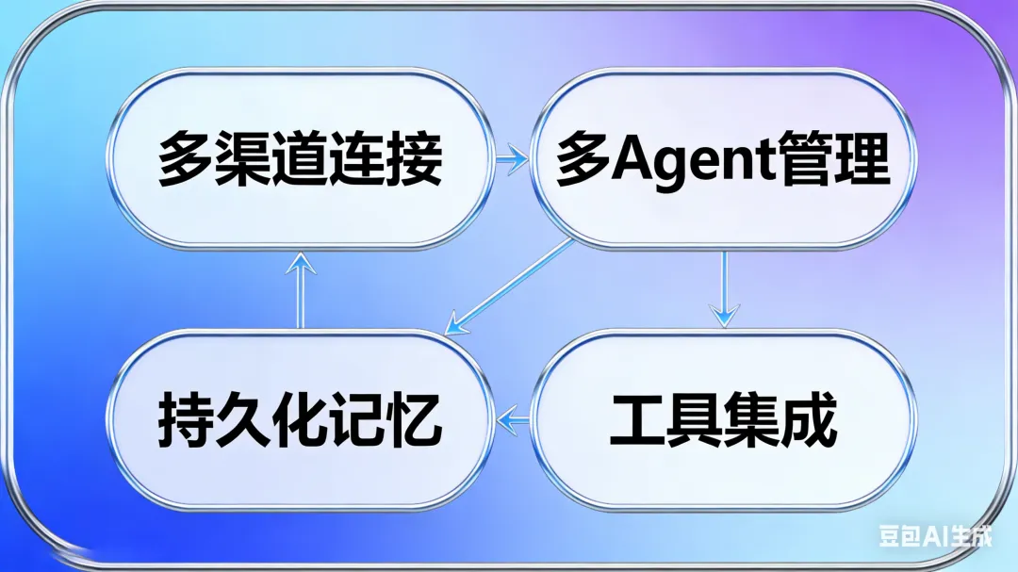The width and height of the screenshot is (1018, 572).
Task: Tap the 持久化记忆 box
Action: [300, 420]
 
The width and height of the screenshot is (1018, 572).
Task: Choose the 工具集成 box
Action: [722, 420]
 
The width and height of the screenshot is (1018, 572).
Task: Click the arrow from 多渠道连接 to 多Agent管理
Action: [512, 158]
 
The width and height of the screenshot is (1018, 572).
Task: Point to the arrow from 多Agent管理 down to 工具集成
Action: [724, 288]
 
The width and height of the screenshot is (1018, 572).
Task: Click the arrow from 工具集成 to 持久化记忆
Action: [512, 420]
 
